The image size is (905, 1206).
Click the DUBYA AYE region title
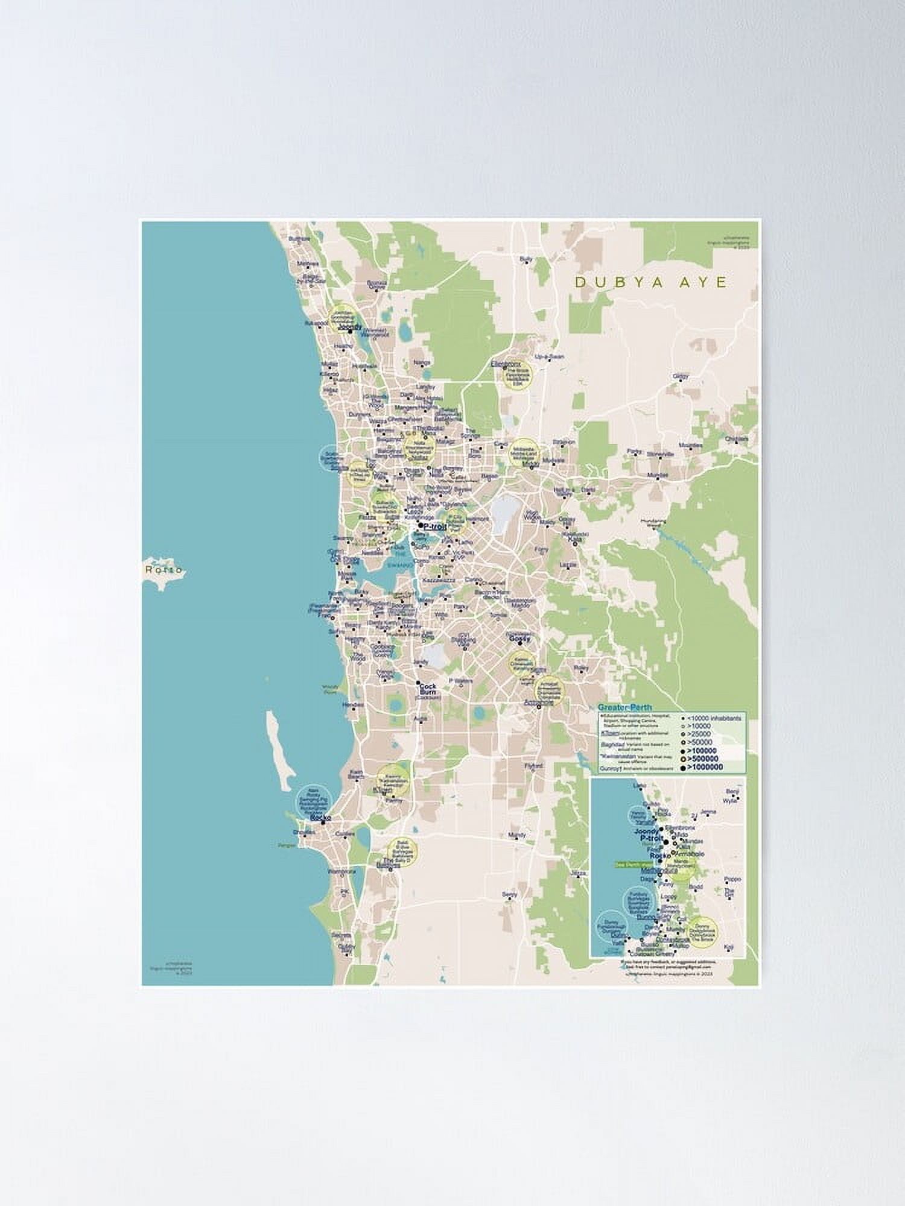(652, 282)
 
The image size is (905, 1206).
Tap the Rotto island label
(164, 569)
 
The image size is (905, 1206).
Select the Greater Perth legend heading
(624, 707)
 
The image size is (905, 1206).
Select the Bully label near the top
(526, 259)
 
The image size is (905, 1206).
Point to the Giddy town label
(680, 376)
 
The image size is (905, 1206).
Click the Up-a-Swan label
(549, 357)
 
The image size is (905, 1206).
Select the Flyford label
(534, 766)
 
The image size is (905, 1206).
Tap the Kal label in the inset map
(729, 946)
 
